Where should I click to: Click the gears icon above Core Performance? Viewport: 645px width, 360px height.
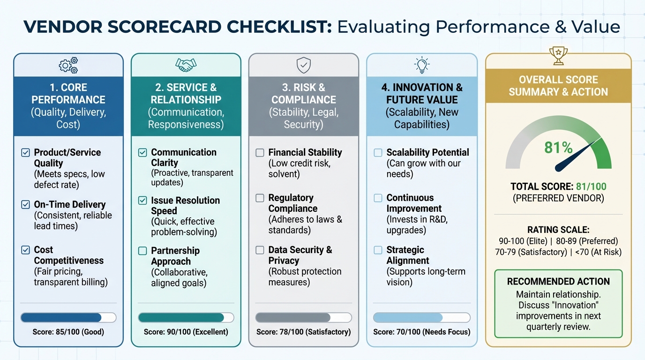[x=68, y=66]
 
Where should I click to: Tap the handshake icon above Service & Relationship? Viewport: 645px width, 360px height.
[x=186, y=65]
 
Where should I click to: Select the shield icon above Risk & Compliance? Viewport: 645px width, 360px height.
[x=304, y=65]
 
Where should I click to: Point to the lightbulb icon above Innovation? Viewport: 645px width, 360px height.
[x=422, y=65]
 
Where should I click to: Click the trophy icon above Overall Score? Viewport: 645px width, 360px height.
[x=558, y=56]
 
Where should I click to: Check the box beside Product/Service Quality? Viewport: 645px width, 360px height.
[x=26, y=152]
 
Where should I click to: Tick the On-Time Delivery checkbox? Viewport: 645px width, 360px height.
[x=26, y=204]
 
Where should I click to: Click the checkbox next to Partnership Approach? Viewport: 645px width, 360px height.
[x=142, y=251]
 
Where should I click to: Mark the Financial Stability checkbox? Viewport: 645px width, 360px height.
[x=260, y=152]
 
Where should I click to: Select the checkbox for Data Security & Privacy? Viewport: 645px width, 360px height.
[x=260, y=250]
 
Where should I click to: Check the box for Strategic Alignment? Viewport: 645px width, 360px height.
[x=378, y=250]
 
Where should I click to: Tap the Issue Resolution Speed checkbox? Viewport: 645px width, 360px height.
[x=142, y=201]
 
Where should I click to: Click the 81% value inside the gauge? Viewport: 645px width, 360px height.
[x=558, y=148]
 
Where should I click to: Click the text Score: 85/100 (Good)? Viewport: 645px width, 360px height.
[x=68, y=332]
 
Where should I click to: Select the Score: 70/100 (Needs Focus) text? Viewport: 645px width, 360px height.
[x=422, y=332]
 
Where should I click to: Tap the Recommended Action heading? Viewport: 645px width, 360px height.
[x=558, y=282]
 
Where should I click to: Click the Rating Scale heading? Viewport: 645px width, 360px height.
[x=558, y=230]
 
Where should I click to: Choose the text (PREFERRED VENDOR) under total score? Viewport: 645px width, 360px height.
[x=558, y=198]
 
